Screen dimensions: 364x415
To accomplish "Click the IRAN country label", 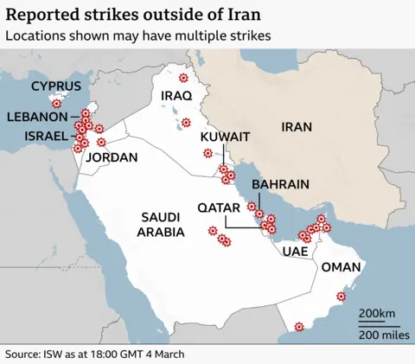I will pos(297,127).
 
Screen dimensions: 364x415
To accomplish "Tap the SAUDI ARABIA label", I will pos(161,225).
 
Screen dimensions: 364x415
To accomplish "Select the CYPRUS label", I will pos(56,86).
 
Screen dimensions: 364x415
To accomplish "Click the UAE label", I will pos(295,252).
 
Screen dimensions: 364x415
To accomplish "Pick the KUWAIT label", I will pos(225,137).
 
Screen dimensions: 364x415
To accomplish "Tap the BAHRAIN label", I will pos(280,185).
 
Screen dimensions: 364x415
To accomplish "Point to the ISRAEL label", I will pos(44,137).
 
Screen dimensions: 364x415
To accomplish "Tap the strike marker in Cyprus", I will pos(56,103).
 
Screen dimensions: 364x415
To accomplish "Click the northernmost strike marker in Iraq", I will pos(183,78).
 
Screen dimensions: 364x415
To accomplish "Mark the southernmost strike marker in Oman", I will pos(299,327).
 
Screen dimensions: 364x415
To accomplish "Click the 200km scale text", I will pos(377,313).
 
